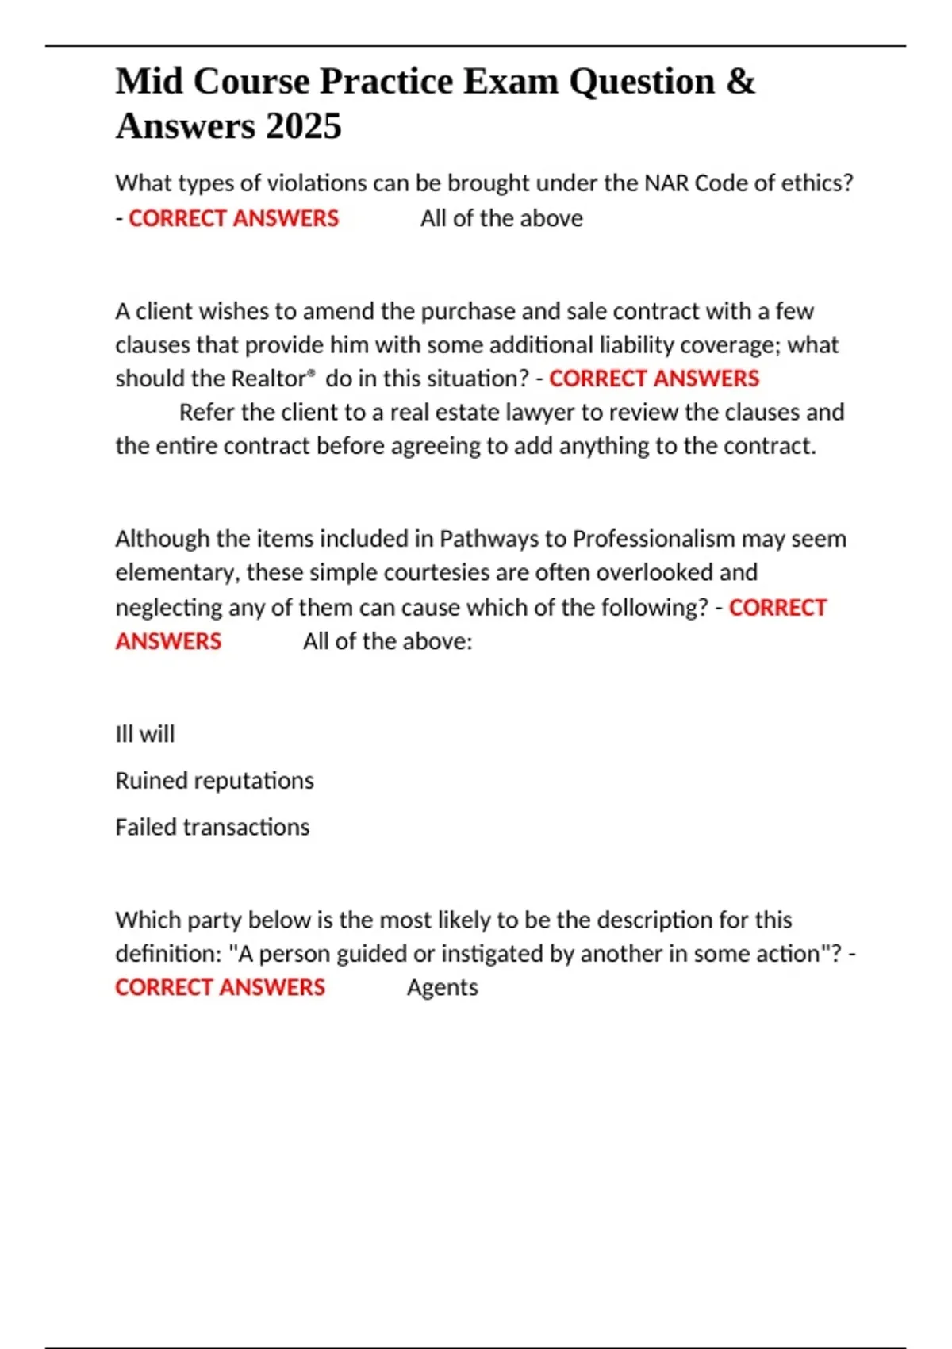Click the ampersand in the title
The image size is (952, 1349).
click(740, 82)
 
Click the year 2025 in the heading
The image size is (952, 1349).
click(304, 126)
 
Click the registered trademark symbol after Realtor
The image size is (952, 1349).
click(311, 372)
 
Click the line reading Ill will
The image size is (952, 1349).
click(144, 734)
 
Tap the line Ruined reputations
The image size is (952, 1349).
click(214, 781)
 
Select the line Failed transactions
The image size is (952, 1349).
click(212, 827)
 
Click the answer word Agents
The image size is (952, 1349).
click(442, 988)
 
